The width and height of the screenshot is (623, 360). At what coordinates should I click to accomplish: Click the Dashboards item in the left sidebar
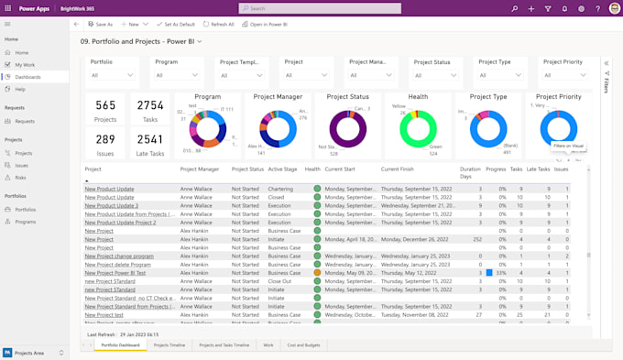(27, 77)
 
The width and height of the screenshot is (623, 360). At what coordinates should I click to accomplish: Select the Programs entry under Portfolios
(25, 222)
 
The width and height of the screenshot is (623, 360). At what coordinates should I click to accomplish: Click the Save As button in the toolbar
(100, 24)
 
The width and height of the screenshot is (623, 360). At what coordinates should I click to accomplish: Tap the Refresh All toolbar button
(219, 24)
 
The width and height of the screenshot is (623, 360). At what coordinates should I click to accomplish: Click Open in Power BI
(266, 24)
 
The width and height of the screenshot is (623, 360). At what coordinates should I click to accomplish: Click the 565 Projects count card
(106, 110)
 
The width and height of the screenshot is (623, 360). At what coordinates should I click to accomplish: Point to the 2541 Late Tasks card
(150, 145)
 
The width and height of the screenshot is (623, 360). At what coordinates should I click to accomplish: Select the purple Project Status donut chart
(348, 128)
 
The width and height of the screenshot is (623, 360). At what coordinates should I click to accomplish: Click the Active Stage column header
(282, 169)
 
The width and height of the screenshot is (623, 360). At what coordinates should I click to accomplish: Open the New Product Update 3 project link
(111, 205)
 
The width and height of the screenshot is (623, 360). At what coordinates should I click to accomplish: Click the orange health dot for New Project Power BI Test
(317, 272)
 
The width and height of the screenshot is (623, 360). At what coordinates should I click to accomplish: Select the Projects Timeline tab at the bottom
(169, 345)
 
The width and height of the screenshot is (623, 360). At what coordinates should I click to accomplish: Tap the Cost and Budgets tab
(304, 345)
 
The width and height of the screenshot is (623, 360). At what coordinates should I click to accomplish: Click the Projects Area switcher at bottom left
(32, 353)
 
